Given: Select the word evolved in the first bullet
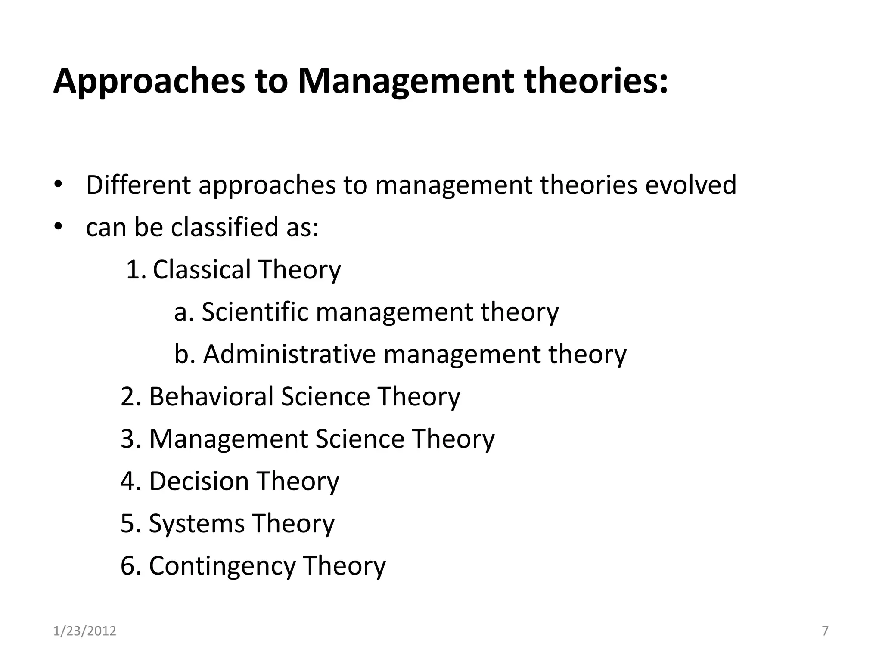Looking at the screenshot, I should click(x=691, y=185).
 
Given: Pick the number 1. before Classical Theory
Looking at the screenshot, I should click(x=137, y=269).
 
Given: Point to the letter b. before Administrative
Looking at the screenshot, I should click(x=185, y=354).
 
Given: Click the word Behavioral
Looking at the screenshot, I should click(x=211, y=396).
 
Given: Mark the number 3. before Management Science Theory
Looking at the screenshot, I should click(x=130, y=439).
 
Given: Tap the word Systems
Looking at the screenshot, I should click(x=196, y=523).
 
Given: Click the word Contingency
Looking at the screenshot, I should click(x=222, y=565).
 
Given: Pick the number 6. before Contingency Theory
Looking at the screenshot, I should click(x=130, y=565).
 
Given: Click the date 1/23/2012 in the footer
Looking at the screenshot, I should click(x=85, y=631).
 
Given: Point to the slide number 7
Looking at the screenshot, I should click(x=825, y=631).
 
